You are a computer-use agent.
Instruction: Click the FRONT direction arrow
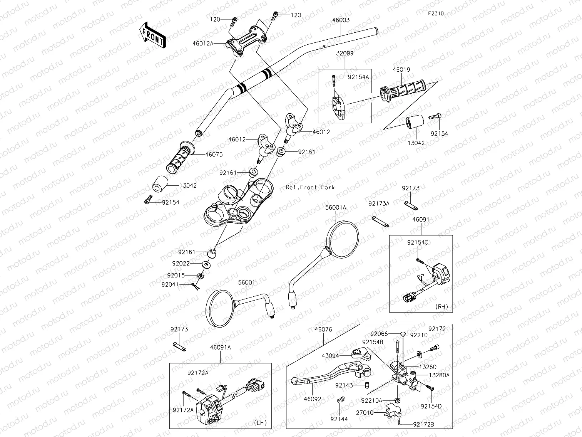(x=152, y=35)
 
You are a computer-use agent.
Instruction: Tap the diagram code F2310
(x=436, y=13)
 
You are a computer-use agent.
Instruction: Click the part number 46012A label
(x=203, y=44)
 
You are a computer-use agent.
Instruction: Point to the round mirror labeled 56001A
(x=344, y=239)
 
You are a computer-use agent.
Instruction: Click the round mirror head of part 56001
(x=218, y=307)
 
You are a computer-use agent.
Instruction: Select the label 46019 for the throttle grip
(x=401, y=70)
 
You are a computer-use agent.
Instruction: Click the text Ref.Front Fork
(x=310, y=187)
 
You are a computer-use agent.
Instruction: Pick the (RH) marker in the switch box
(x=442, y=307)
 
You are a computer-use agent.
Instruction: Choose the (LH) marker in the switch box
(x=260, y=423)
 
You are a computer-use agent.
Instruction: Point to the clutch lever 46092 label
(x=312, y=400)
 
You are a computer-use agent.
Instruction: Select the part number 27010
(x=365, y=412)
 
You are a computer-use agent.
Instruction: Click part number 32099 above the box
(x=345, y=54)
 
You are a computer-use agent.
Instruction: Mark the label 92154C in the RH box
(x=418, y=243)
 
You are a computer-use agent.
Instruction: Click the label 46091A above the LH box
(x=220, y=347)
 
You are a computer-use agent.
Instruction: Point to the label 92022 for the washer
(x=181, y=264)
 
